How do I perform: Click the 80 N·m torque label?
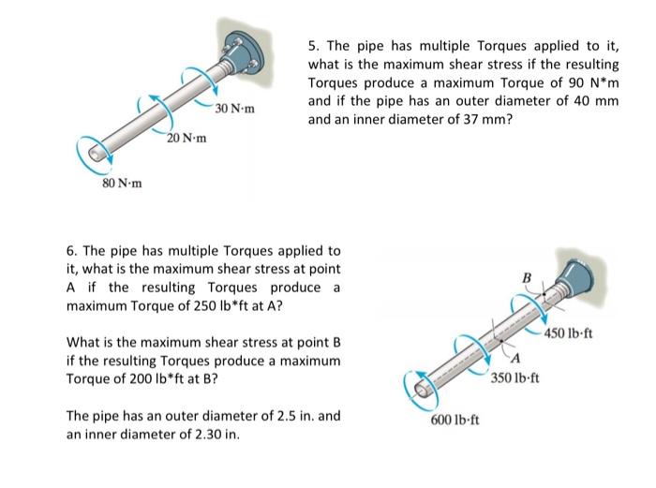click(122, 183)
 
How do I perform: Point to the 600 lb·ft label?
click(455, 419)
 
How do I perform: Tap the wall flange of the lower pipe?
click(576, 275)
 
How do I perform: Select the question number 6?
click(71, 251)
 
